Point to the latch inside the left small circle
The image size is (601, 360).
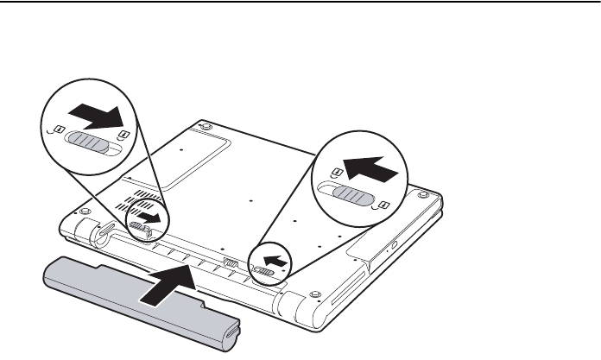[x=139, y=227]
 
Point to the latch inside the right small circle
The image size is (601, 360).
[x=267, y=273]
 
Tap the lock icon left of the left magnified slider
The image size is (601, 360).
[x=56, y=130]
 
